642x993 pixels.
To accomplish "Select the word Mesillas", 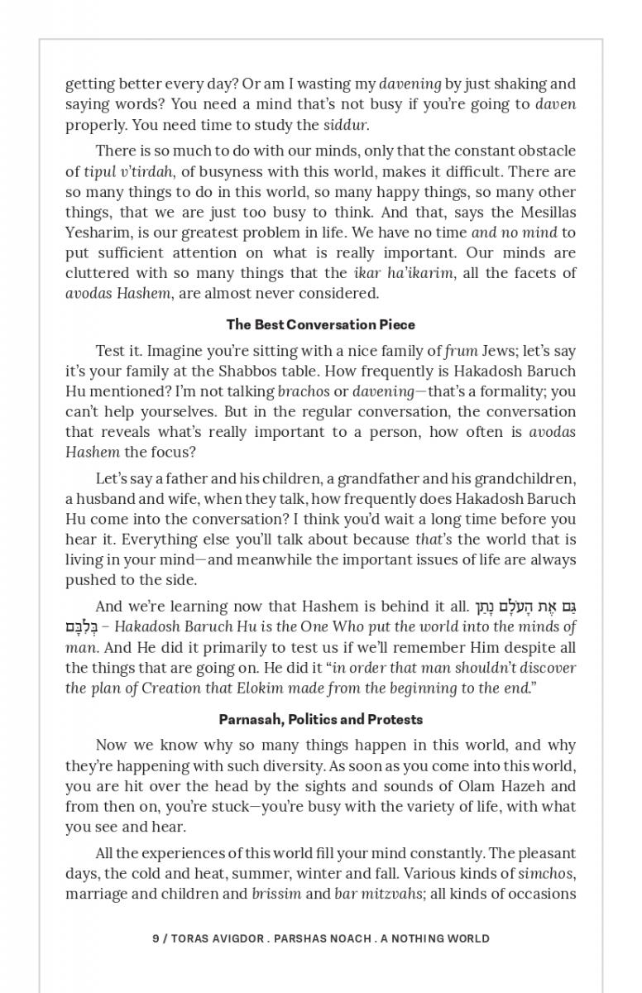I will point(545,212).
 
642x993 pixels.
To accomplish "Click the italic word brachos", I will point(303,391).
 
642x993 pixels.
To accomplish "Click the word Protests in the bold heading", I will point(396,719).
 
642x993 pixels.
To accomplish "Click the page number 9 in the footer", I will point(156,938).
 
